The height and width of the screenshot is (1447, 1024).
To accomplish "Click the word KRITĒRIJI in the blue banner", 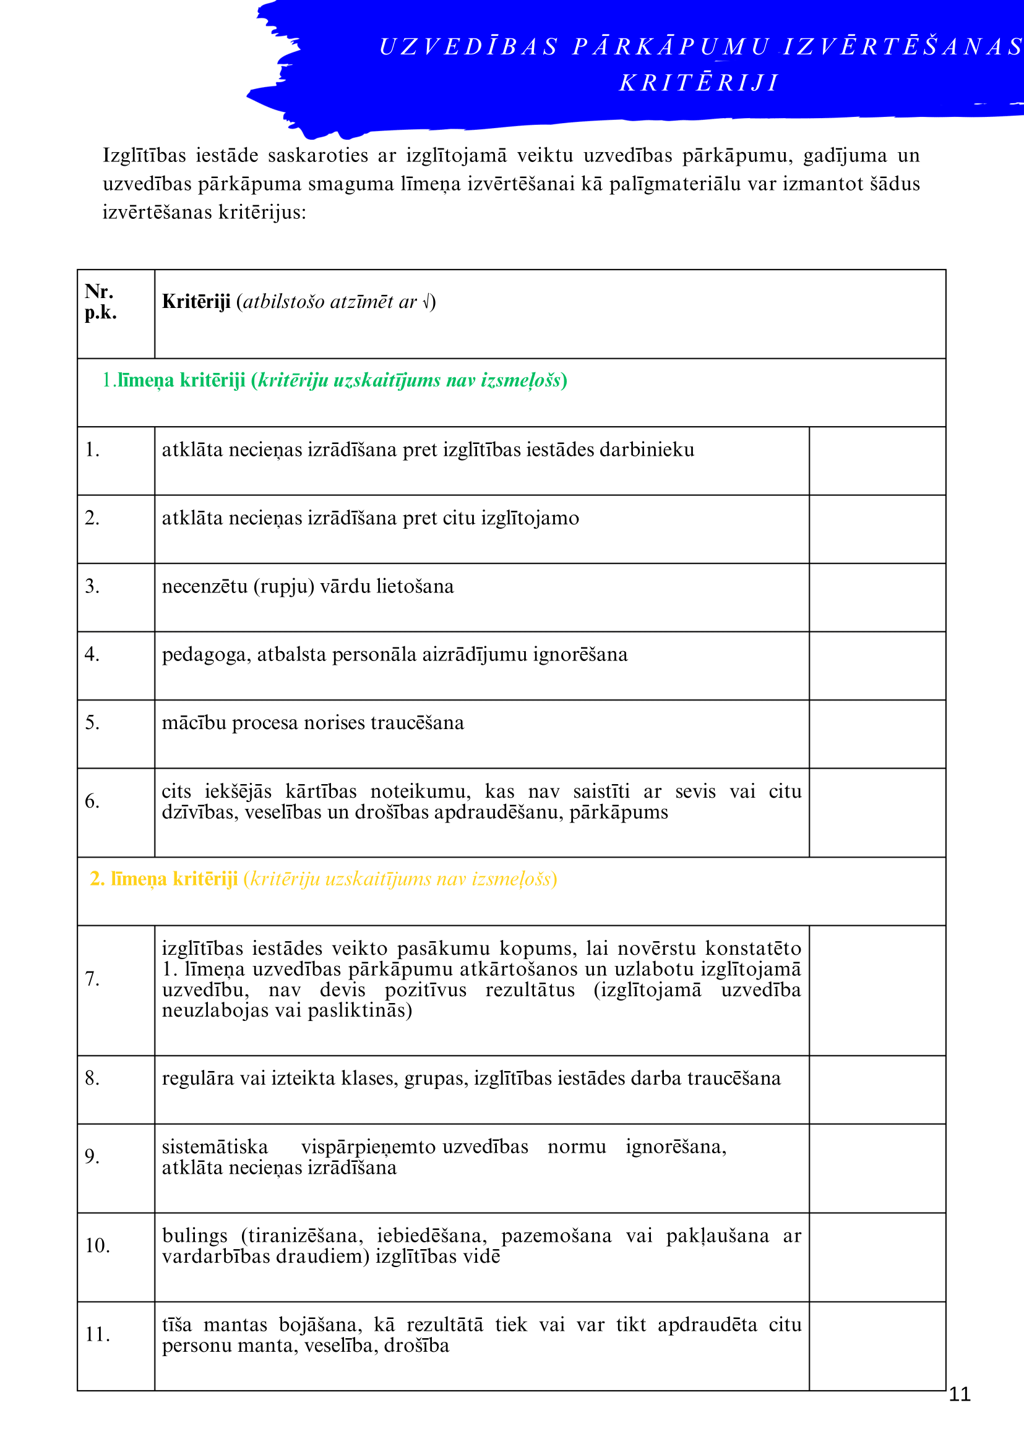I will (699, 83).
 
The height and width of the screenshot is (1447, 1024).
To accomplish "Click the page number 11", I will (959, 1393).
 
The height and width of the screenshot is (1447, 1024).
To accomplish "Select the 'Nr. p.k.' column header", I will (100, 302).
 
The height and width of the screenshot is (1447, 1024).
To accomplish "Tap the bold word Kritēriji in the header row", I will (196, 302).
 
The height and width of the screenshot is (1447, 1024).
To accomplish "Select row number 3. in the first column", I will (92, 586).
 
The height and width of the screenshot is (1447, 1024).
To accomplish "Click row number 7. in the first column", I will (92, 979).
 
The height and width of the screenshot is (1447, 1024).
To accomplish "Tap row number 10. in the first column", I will (98, 1245).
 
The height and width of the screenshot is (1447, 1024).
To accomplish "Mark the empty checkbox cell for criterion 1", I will (877, 461).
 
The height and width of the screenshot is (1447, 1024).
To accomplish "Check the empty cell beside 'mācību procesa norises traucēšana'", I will (877, 733).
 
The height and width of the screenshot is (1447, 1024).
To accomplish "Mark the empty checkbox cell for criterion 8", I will (877, 1090).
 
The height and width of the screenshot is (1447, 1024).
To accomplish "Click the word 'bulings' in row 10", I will (194, 1236).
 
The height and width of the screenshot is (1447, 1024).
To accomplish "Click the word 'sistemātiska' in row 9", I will (214, 1146).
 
